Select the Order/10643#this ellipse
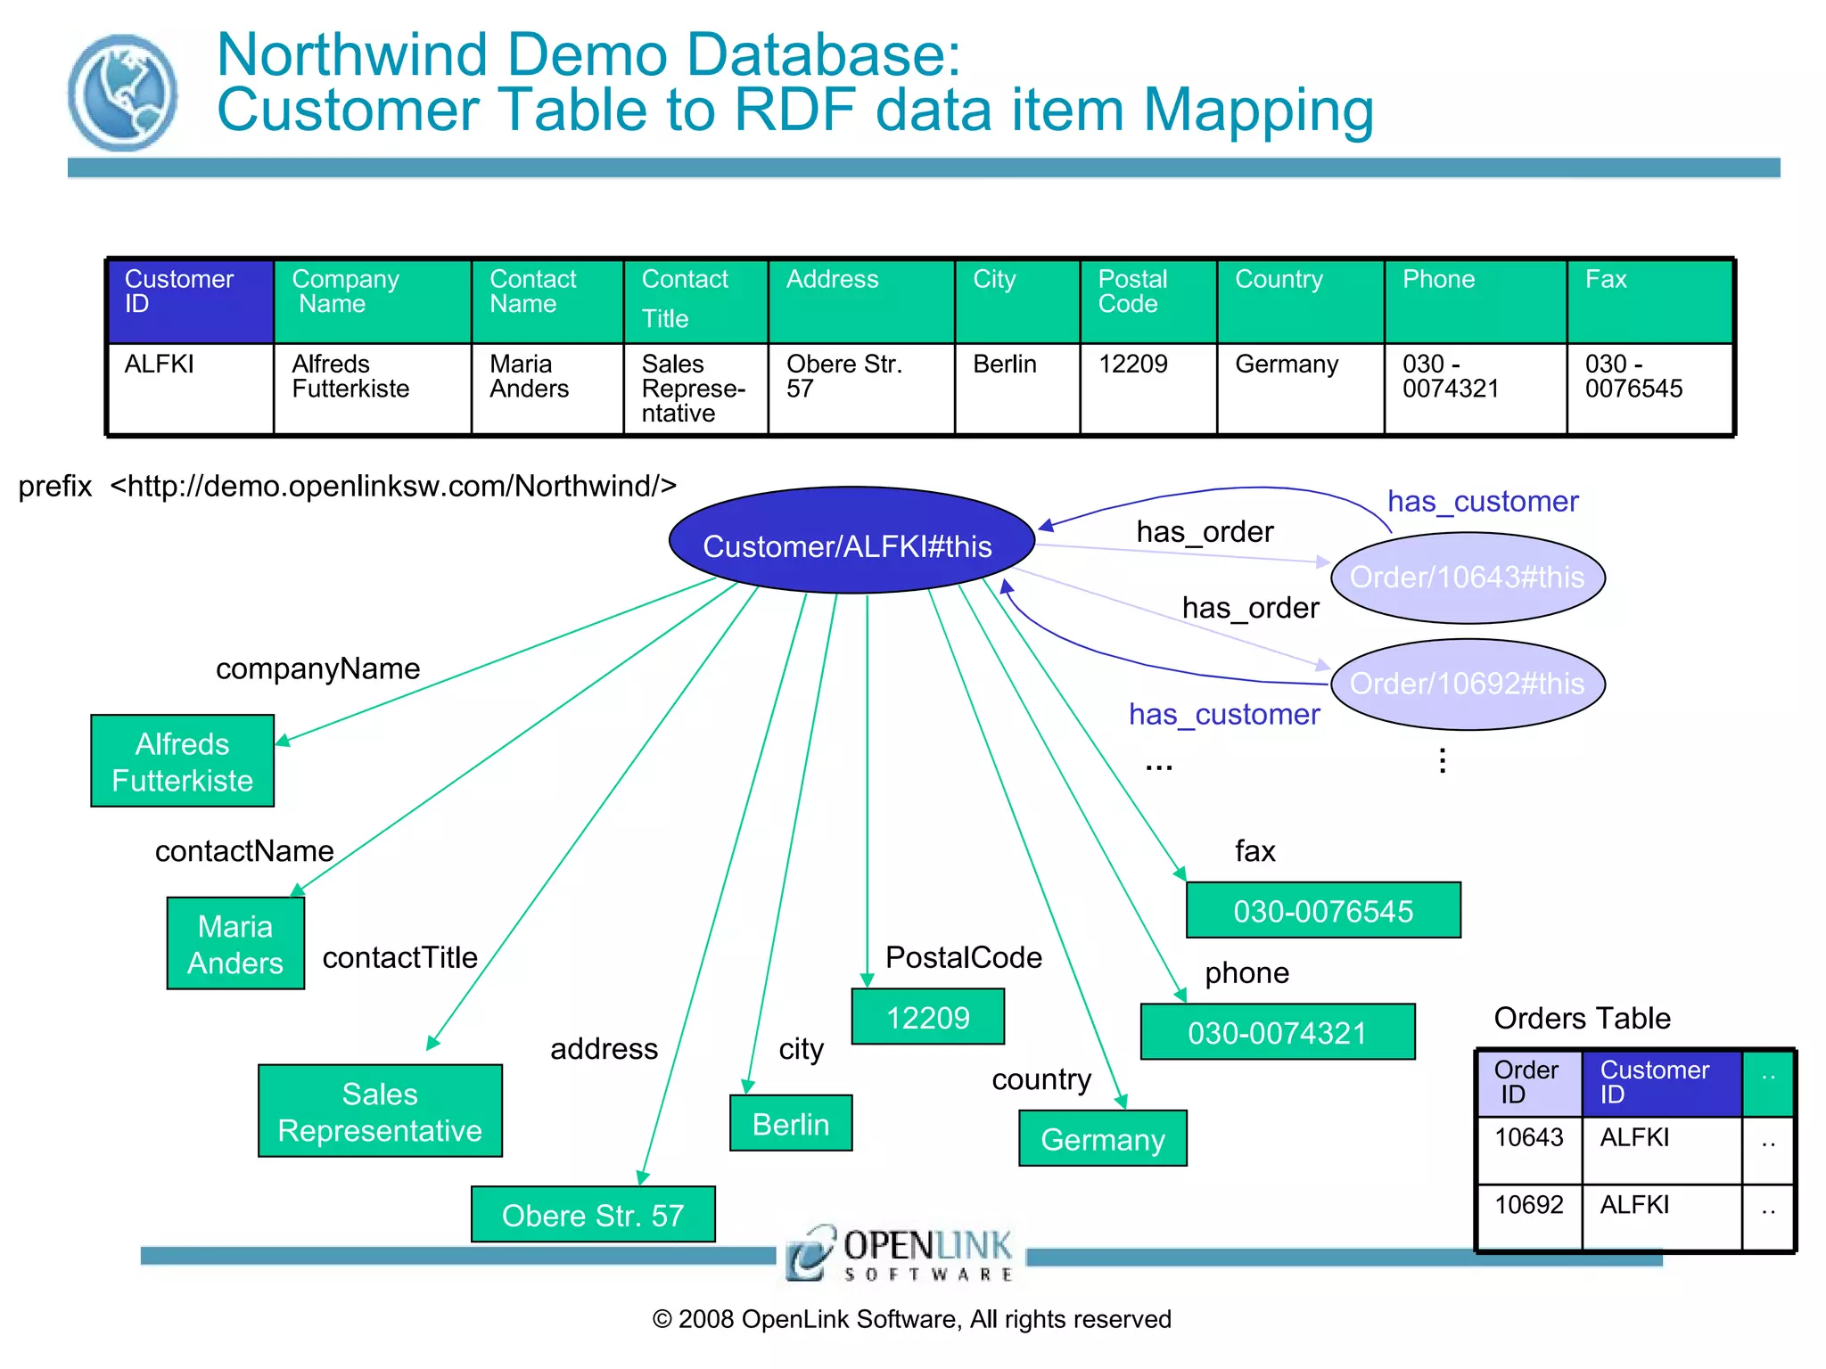point(1468,578)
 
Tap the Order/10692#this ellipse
point(1468,684)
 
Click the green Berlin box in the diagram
point(791,1123)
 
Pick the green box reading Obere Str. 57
point(593,1214)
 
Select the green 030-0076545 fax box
point(1323,910)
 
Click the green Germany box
point(1103,1138)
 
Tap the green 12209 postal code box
point(928,1016)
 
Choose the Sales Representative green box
point(380,1111)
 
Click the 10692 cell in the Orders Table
point(1529,1205)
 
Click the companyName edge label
point(317,668)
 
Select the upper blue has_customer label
point(1482,502)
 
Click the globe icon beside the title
point(122,93)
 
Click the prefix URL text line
point(348,486)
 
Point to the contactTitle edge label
point(399,957)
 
